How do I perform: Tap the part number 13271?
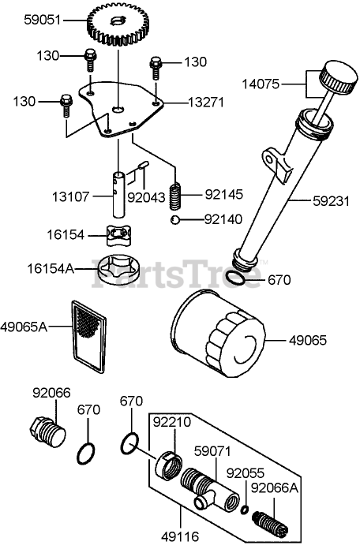click(x=206, y=103)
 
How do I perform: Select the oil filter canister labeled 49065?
click(x=219, y=338)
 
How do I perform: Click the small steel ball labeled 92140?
click(x=175, y=220)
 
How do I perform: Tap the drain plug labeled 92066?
click(x=47, y=432)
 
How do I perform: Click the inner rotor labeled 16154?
click(x=118, y=234)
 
